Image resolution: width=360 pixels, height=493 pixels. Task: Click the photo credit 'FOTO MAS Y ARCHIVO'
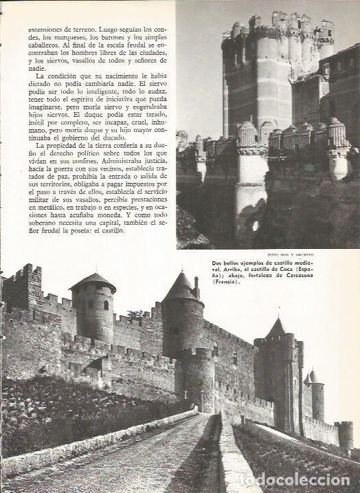pyautogui.click(x=323, y=256)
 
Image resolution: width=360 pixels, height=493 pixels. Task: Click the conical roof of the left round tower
pyautogui.click(x=92, y=281)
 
